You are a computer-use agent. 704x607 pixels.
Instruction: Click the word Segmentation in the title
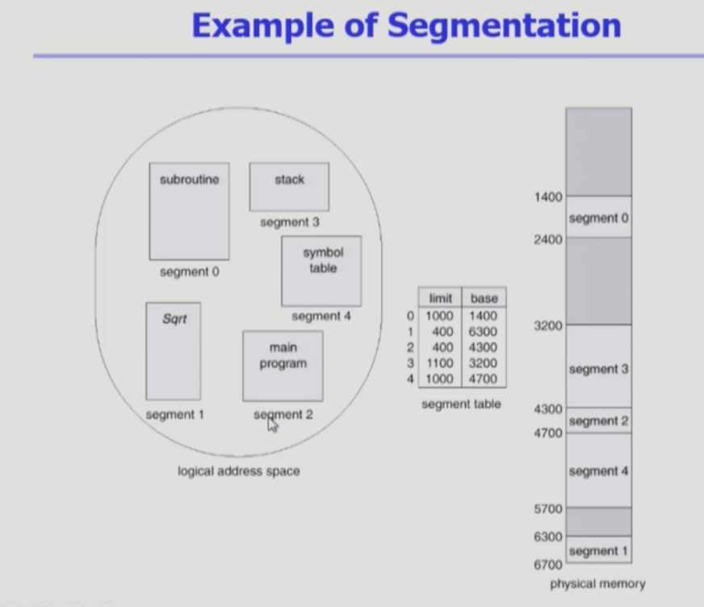[504, 26]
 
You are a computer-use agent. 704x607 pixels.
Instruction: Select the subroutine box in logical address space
[189, 211]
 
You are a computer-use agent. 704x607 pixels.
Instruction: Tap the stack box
[289, 186]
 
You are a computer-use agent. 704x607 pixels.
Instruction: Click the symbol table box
[321, 270]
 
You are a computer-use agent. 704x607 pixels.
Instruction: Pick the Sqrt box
[174, 351]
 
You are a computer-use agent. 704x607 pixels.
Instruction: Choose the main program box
[283, 366]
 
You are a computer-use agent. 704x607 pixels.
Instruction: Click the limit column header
[440, 298]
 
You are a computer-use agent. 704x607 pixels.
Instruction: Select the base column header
[484, 298]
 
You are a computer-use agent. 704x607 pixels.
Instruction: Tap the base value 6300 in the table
[483, 332]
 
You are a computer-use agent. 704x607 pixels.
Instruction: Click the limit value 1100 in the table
[440, 363]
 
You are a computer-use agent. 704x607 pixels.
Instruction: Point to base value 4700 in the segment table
[483, 379]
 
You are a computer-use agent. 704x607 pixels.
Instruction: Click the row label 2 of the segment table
[410, 348]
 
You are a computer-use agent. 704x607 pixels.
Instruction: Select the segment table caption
[461, 404]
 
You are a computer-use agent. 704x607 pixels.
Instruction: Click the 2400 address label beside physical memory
[548, 240]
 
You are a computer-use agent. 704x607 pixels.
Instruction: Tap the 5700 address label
[548, 509]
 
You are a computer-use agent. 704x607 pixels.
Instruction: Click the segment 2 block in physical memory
[598, 421]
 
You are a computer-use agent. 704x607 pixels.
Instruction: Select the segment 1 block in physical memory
[598, 550]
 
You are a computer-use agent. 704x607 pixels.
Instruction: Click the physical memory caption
[597, 584]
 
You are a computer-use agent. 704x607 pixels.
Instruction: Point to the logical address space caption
[238, 471]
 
